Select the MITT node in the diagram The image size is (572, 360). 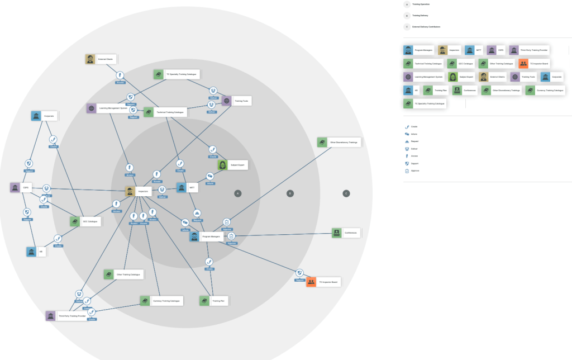(187, 188)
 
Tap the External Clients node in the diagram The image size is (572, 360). (101, 59)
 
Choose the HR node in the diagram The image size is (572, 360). (36, 252)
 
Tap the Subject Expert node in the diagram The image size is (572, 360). (231, 165)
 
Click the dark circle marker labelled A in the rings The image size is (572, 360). (237, 193)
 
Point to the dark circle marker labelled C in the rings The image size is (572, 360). (346, 193)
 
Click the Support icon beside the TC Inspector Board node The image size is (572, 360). (299, 273)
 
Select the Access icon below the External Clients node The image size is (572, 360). (120, 75)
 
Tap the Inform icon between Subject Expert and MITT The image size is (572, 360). (210, 177)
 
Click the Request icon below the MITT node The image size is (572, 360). (197, 213)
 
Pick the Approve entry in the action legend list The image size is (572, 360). (414, 170)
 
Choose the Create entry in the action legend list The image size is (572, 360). (414, 127)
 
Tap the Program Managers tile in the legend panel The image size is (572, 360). (419, 50)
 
